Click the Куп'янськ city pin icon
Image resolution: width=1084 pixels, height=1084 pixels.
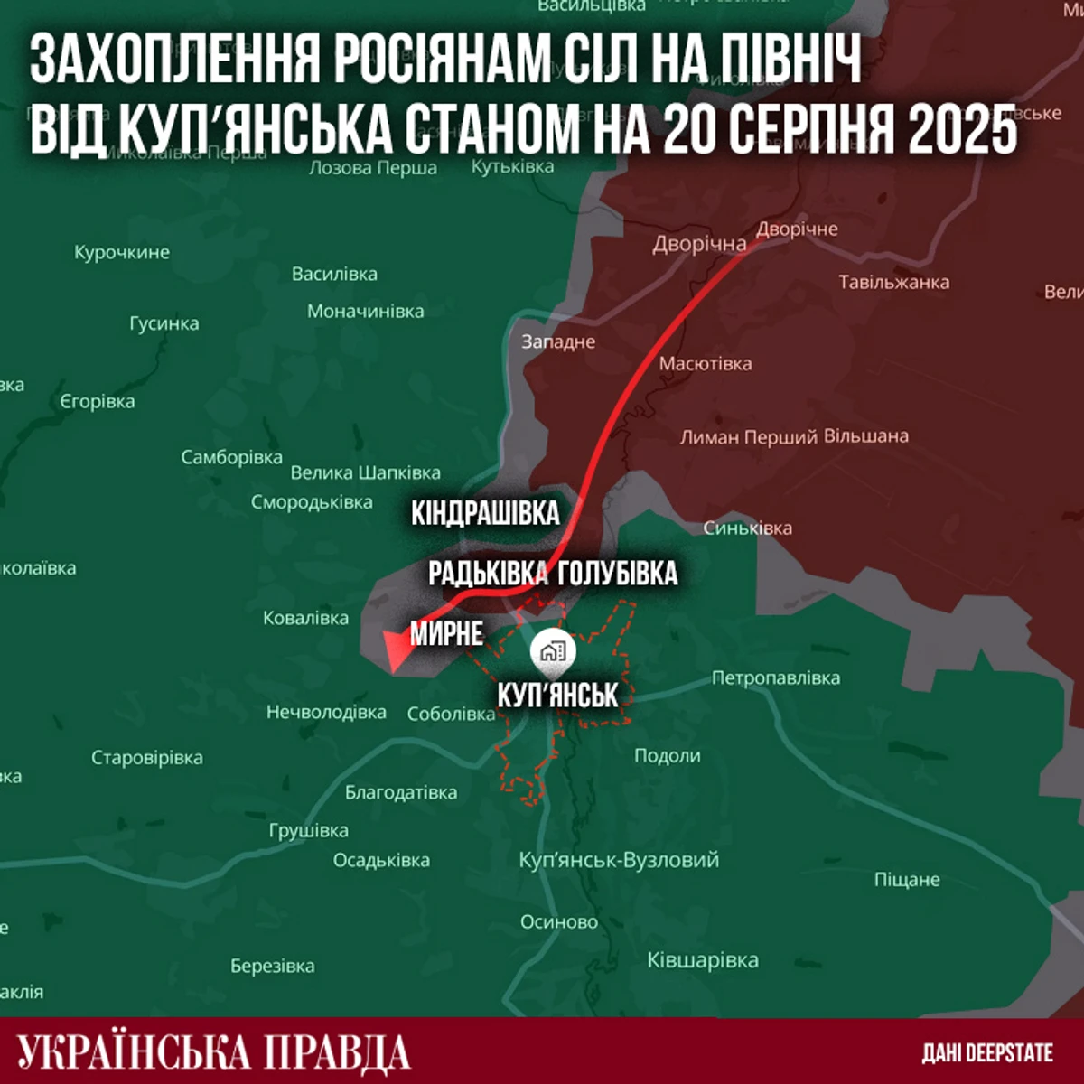point(553,651)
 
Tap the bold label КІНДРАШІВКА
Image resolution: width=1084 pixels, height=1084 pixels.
point(485,513)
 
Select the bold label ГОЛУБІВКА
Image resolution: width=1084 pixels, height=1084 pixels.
point(618,573)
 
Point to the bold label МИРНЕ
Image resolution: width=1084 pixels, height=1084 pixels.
point(446,633)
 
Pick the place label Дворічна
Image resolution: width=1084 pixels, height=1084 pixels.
point(699,244)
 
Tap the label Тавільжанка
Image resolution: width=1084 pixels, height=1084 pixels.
point(893,282)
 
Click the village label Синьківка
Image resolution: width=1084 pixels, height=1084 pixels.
point(747,528)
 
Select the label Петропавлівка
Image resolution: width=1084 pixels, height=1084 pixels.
point(775,677)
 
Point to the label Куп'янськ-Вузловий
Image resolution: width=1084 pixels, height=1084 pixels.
point(619,860)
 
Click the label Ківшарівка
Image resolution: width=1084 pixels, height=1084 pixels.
point(703,960)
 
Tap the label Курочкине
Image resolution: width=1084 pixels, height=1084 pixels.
point(122,252)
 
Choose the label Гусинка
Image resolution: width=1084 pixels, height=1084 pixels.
point(164,322)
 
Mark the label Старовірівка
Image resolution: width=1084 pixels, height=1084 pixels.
point(147,758)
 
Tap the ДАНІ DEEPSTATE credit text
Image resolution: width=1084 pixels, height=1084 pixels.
point(987,1053)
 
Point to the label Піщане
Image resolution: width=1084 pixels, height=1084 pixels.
point(907,879)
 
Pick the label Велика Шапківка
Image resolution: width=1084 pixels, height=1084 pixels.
point(365,472)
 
